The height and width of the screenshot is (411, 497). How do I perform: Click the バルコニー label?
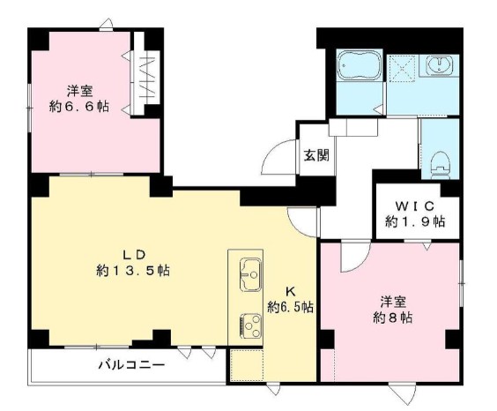click(x=127, y=364)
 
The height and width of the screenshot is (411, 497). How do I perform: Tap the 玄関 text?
click(x=316, y=156)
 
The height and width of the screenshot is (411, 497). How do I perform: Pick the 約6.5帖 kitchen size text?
click(x=291, y=307)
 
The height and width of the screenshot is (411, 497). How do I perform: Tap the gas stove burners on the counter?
click(x=248, y=326)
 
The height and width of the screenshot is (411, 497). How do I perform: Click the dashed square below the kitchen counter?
click(x=247, y=364)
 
